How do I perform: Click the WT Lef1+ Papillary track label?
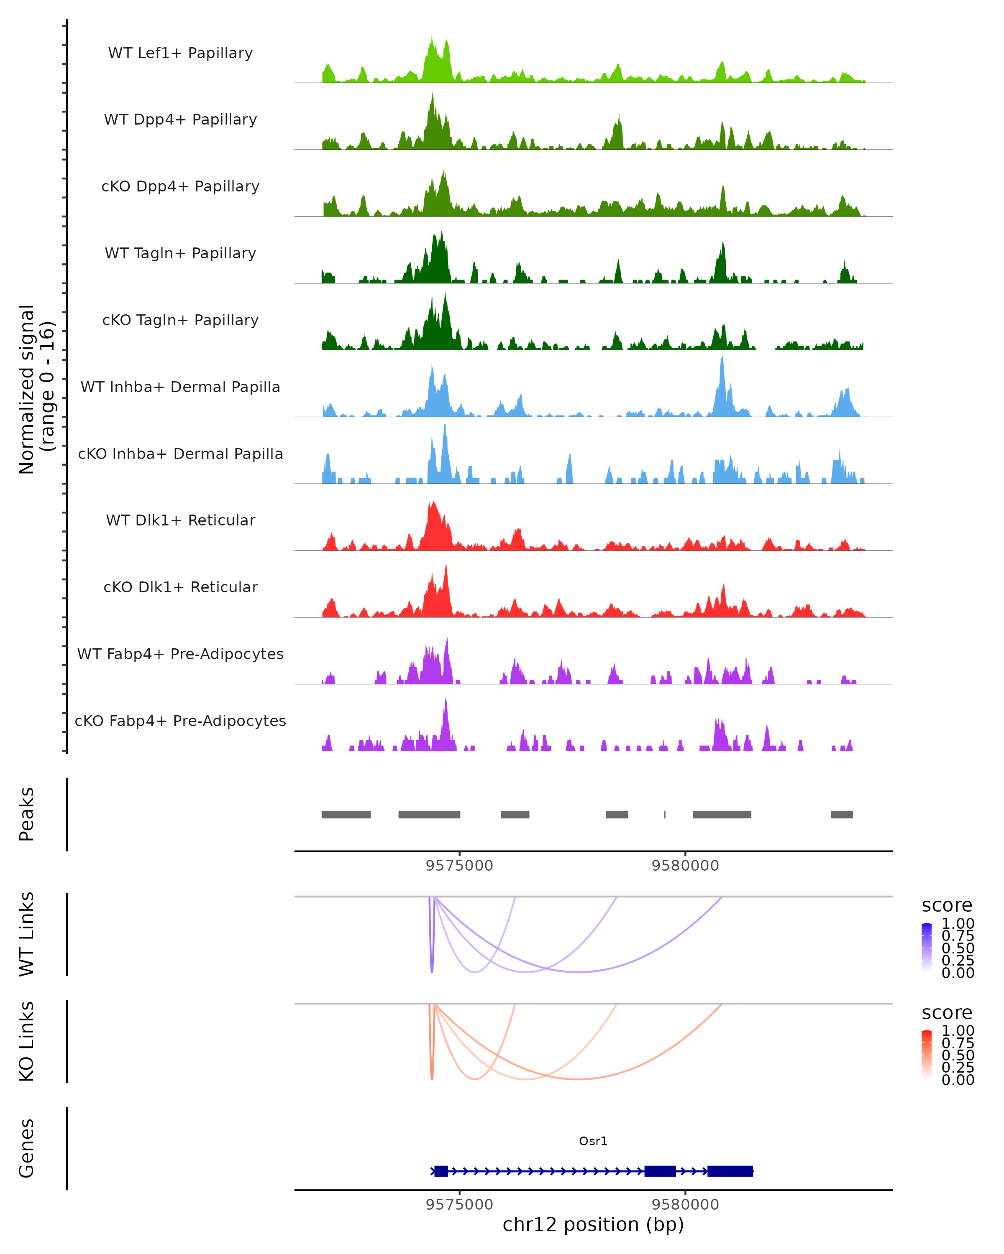pyautogui.click(x=180, y=53)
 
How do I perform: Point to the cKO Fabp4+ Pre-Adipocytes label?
pyautogui.click(x=180, y=721)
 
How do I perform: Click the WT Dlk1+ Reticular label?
pyautogui.click(x=180, y=520)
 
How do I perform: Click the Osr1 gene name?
pyautogui.click(x=593, y=1141)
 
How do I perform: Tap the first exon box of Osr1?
pyautogui.click(x=441, y=1171)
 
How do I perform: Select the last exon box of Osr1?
pyautogui.click(x=730, y=1171)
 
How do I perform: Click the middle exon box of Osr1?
pyautogui.click(x=660, y=1171)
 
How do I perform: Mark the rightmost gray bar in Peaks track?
pyautogui.click(x=842, y=814)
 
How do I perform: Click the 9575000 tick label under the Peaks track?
pyautogui.click(x=459, y=866)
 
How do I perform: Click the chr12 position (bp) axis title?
pyautogui.click(x=593, y=1225)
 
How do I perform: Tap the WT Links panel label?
pyautogui.click(x=27, y=934)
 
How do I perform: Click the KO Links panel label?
pyautogui.click(x=27, y=1041)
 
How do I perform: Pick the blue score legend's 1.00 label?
pyautogui.click(x=958, y=924)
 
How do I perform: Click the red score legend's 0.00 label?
pyautogui.click(x=958, y=1080)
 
